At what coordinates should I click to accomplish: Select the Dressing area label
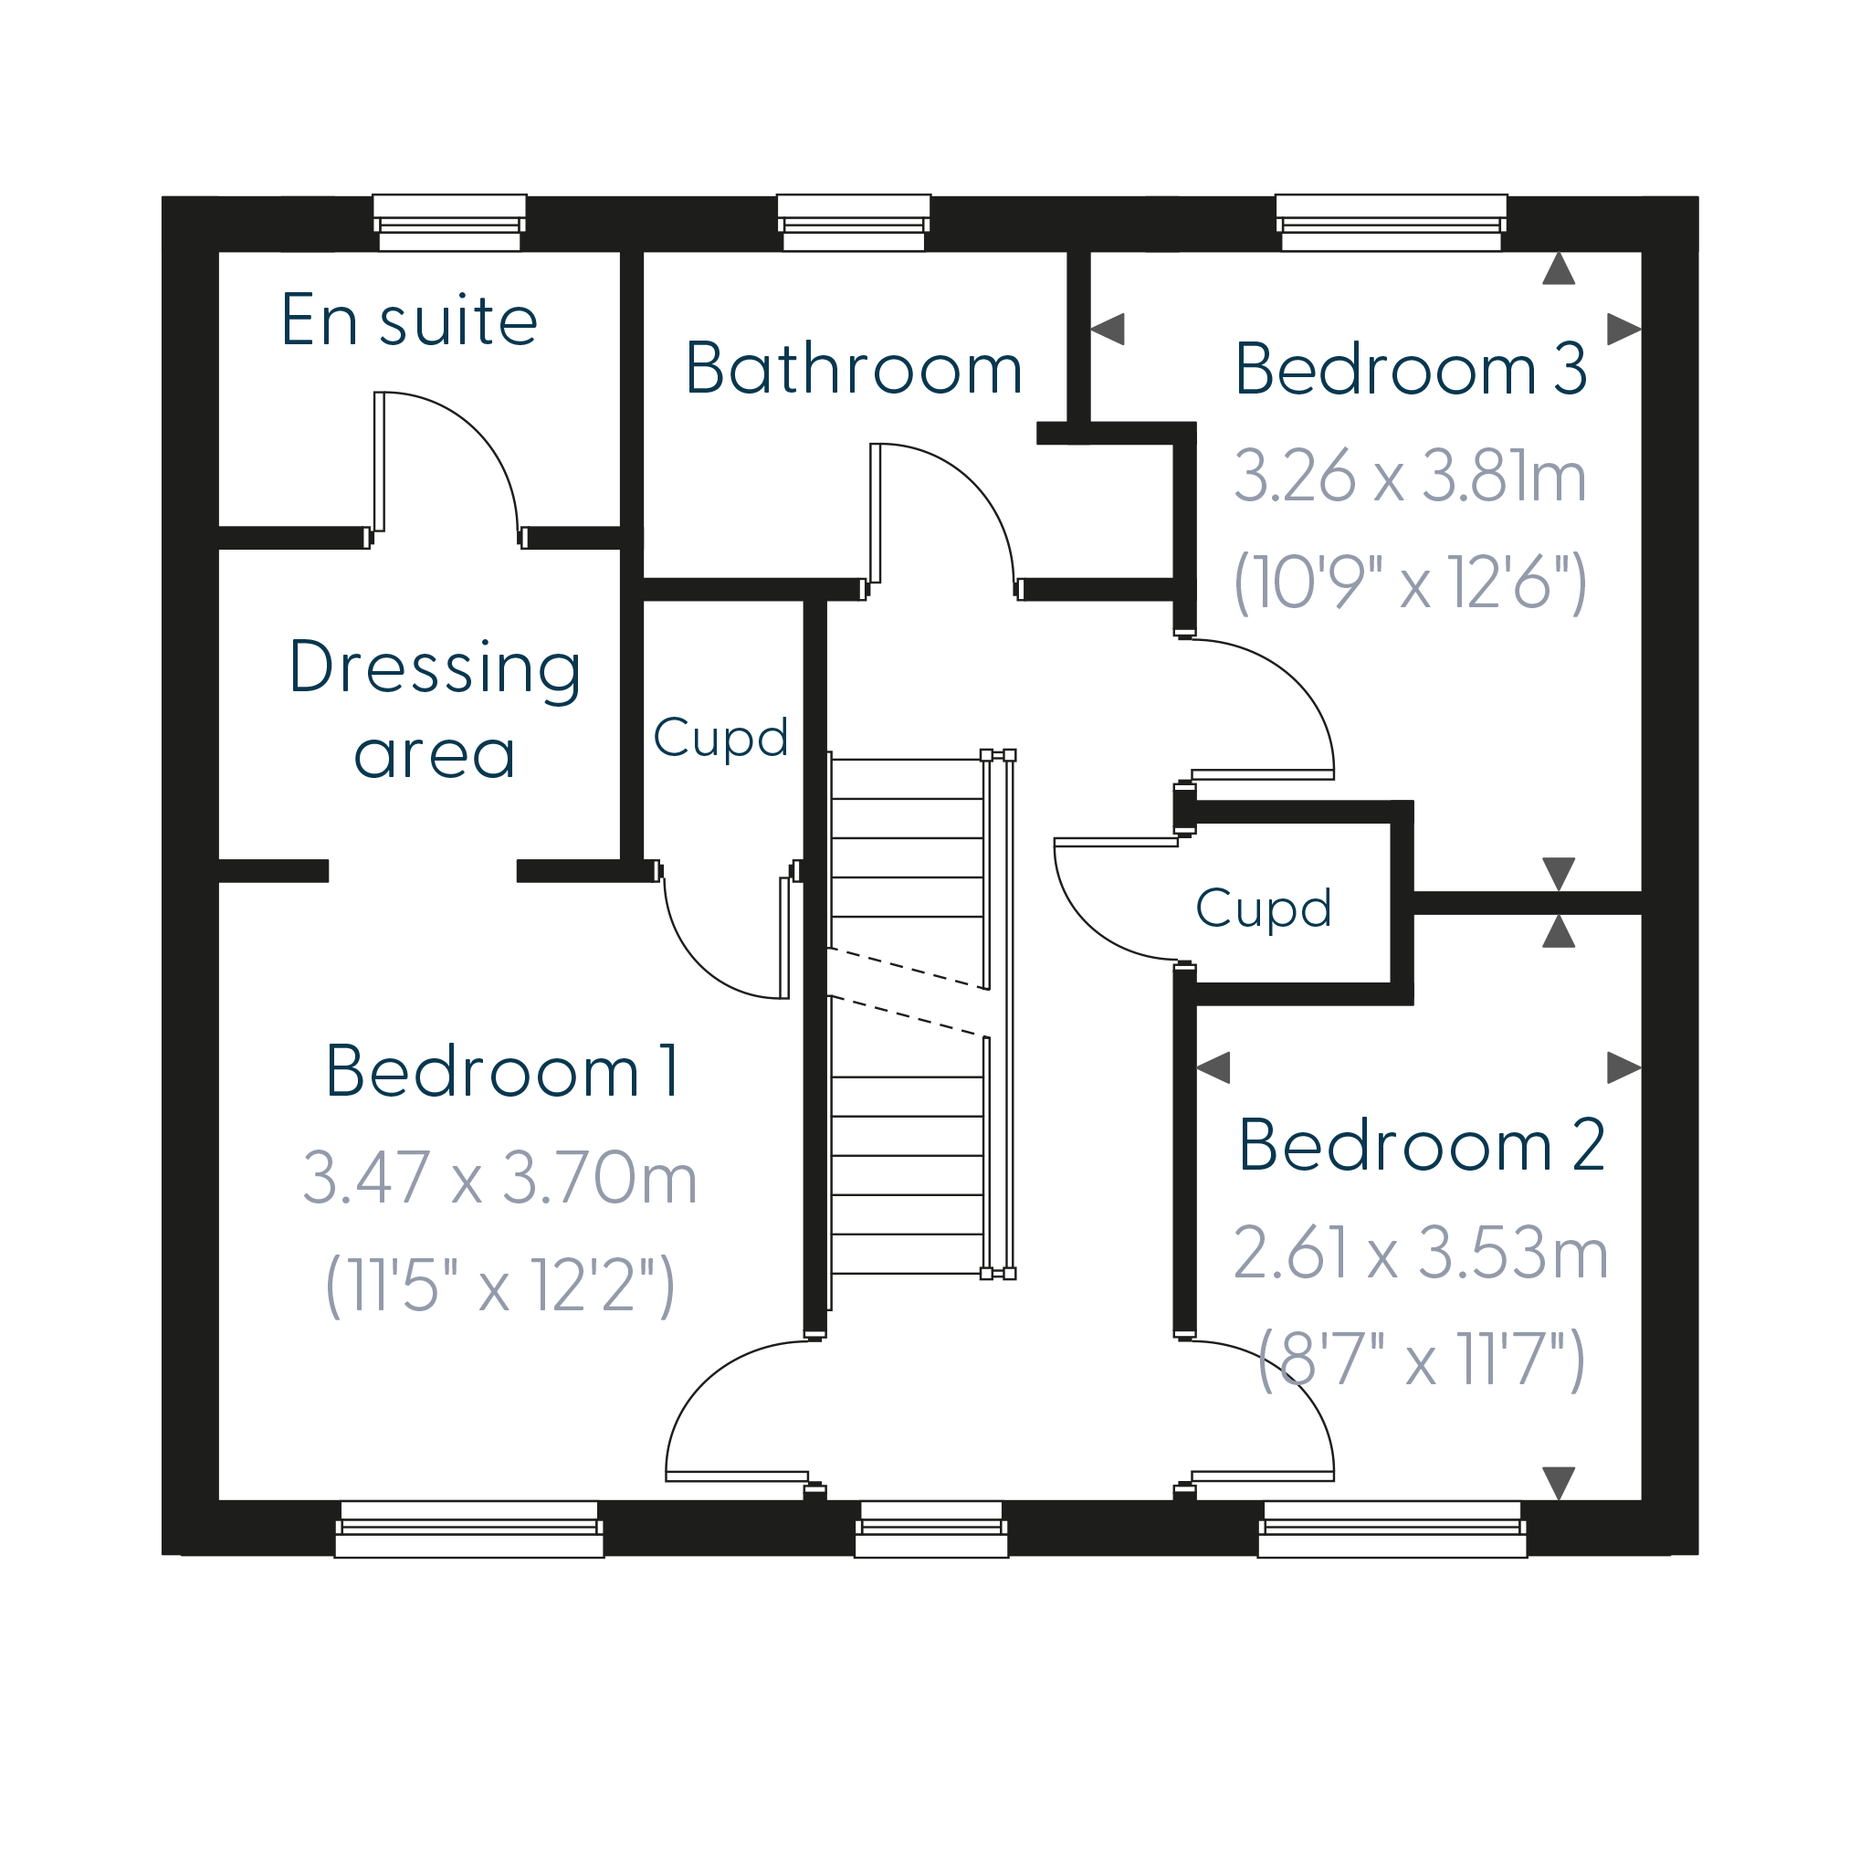click(436, 709)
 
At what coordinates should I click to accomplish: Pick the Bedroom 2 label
click(1421, 1145)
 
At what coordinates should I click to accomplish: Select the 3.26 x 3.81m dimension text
click(1411, 476)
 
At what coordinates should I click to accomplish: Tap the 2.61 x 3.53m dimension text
click(1420, 1252)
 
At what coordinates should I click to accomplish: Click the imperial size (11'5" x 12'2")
click(500, 1286)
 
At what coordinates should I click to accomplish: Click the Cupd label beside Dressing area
click(720, 738)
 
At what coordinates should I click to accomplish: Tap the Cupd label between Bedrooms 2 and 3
click(1264, 909)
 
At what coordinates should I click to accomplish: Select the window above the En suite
click(450, 223)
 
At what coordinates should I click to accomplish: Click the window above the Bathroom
click(854, 223)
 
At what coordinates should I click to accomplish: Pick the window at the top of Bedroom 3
click(1392, 223)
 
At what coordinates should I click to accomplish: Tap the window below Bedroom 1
click(469, 1529)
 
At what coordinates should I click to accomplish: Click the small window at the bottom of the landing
click(931, 1529)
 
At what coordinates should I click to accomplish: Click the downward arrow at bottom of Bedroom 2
click(1559, 1484)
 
